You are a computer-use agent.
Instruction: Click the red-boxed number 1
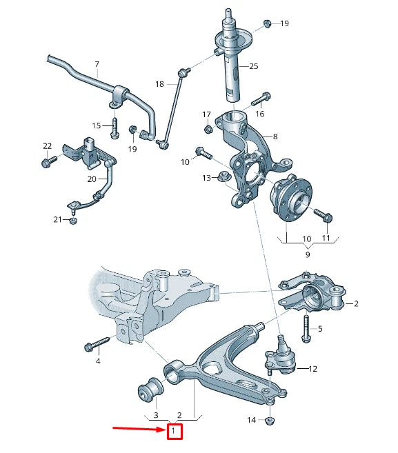[x=174, y=432]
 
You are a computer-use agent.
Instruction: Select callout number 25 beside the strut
[x=253, y=66]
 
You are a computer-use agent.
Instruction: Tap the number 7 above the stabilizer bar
[x=97, y=63]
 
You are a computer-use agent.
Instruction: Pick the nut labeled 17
[x=207, y=128]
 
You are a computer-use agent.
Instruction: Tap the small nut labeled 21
[x=73, y=221]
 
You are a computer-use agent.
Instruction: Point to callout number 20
[x=92, y=179]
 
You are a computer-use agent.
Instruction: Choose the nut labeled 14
[x=270, y=420]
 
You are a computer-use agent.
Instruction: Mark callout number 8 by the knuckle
[x=275, y=137]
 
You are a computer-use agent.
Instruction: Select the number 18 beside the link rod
[x=159, y=84]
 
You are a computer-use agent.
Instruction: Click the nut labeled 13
[x=223, y=177]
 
